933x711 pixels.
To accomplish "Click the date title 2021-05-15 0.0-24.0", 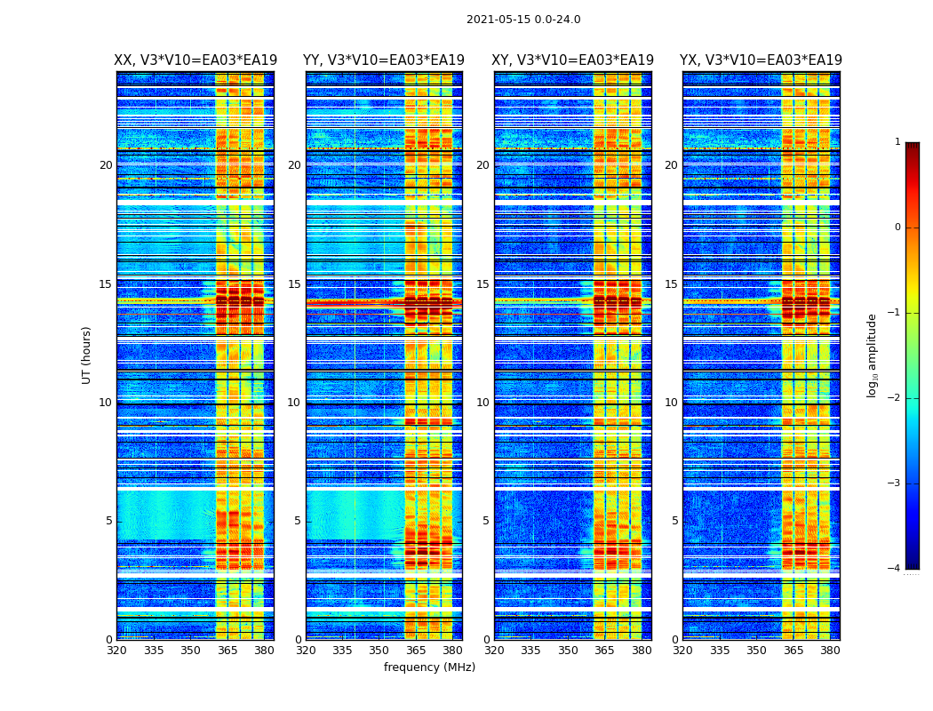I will (523, 20).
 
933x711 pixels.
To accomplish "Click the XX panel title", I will (195, 60).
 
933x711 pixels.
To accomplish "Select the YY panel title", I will (384, 60).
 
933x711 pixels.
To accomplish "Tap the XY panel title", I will (573, 60).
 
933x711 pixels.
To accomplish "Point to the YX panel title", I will (761, 60).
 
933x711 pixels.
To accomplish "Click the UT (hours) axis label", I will (87, 355).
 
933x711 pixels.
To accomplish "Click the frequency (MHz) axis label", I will (429, 667).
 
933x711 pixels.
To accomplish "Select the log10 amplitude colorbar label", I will (872, 355).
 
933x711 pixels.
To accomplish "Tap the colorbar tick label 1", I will (897, 142).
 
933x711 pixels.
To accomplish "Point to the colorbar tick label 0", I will (897, 228).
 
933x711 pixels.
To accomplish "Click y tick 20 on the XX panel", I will (106, 165).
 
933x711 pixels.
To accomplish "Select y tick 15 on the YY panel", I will (294, 284).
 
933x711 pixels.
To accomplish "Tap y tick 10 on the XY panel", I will (482, 403).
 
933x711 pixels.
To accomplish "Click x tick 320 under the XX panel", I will (116, 650).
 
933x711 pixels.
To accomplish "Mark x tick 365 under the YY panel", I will (416, 650).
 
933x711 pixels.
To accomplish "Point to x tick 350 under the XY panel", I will (568, 650).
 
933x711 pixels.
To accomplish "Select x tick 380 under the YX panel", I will (830, 650).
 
